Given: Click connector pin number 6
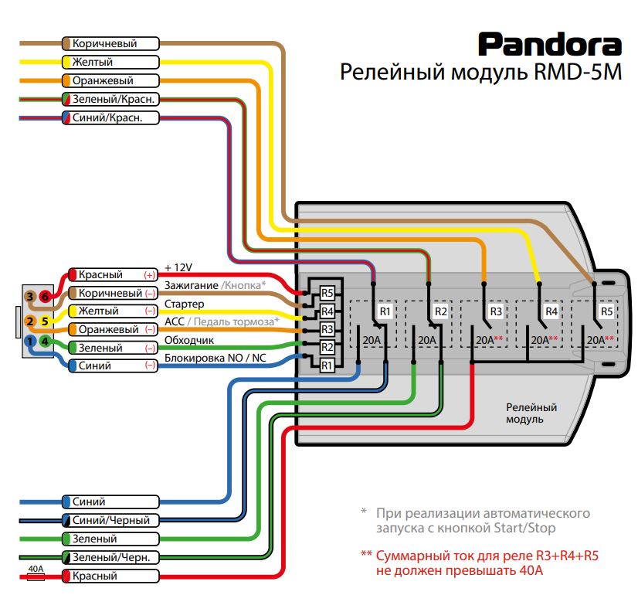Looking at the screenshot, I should [x=45, y=297].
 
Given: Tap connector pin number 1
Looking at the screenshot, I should [x=30, y=340].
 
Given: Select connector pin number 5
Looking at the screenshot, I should [x=45, y=321].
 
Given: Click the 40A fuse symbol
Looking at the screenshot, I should [x=36, y=576].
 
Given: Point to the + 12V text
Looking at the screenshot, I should [x=178, y=267].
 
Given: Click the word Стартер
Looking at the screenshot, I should [x=185, y=304].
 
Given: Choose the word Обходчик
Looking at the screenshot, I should [x=190, y=340].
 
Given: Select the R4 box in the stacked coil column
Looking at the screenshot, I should [x=327, y=311].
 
